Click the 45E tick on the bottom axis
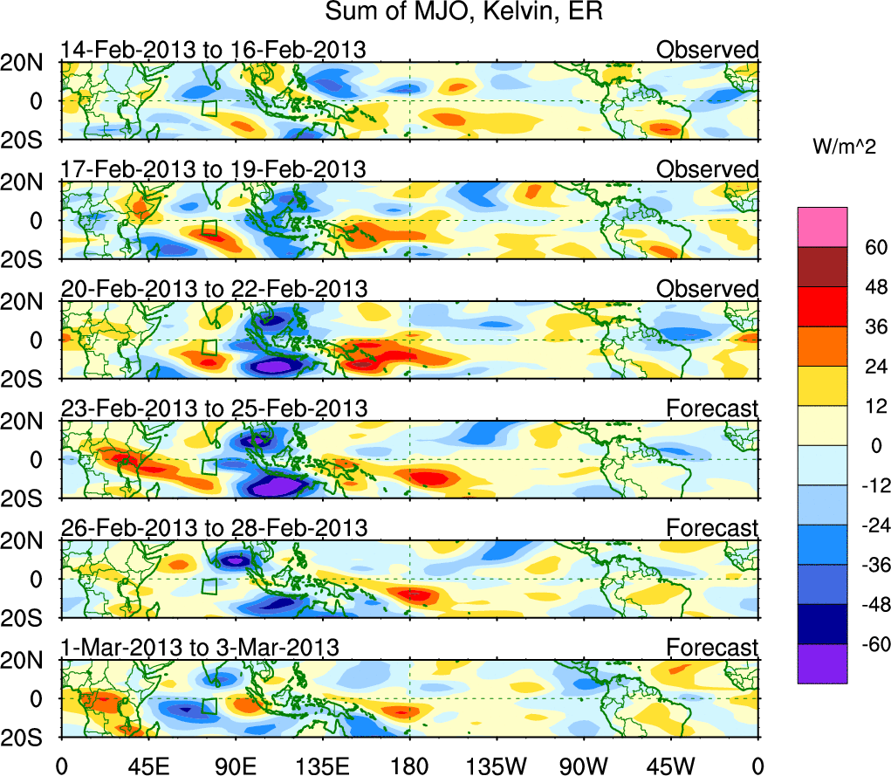[147, 766]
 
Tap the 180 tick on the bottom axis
[409, 766]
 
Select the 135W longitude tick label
[497, 766]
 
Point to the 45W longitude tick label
[671, 766]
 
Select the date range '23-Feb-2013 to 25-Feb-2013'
[214, 408]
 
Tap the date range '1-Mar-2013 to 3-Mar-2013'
[200, 647]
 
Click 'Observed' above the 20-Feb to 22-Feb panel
[708, 288]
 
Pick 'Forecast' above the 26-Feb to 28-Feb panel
[712, 527]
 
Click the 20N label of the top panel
[30, 62]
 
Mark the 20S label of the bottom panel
[30, 737]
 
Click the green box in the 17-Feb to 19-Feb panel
[209, 228]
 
